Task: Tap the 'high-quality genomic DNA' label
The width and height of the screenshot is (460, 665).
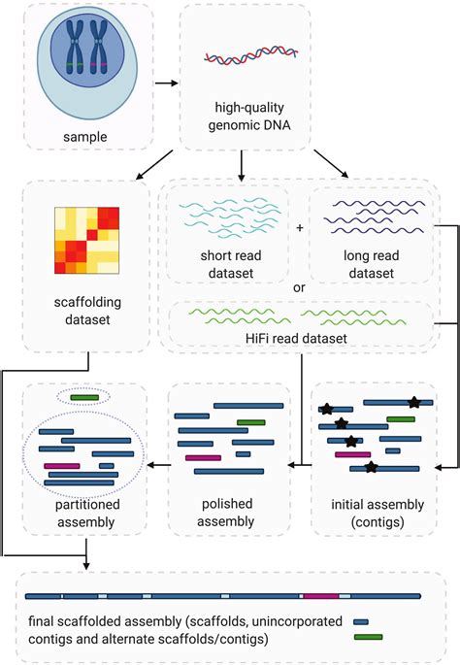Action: click(251, 116)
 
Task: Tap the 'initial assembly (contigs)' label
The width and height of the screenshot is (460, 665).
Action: click(374, 512)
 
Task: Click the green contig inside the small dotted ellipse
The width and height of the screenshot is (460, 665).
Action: click(83, 397)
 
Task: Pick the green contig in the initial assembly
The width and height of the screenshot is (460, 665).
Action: click(401, 419)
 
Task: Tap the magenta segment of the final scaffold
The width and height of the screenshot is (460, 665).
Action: click(319, 595)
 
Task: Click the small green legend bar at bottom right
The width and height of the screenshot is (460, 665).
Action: click(368, 637)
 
